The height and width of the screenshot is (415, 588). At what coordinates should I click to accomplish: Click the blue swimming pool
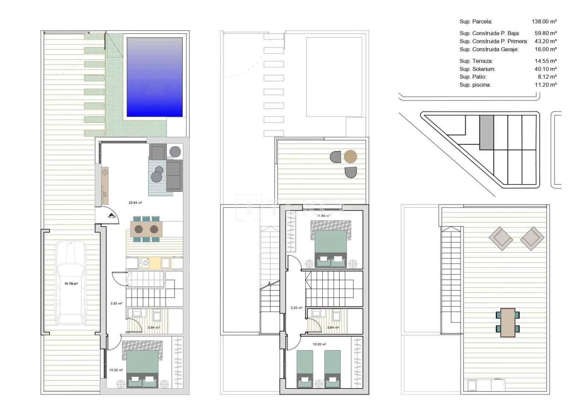point(154,77)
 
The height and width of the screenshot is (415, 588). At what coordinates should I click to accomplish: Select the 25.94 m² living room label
point(135,202)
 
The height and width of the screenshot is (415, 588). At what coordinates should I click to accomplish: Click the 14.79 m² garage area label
point(71,284)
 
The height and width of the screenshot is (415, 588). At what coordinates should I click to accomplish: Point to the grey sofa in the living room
point(174,176)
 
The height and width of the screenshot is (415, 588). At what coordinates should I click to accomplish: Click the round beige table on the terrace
point(350,157)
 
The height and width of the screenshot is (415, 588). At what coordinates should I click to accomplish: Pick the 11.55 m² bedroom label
point(323,216)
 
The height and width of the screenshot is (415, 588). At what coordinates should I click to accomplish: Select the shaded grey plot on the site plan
point(487,132)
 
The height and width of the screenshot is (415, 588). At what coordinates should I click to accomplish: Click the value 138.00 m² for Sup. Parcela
point(544,22)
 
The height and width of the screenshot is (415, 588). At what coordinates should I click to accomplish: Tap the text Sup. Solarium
point(477,69)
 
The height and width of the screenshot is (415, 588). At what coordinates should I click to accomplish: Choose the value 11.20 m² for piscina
point(545,85)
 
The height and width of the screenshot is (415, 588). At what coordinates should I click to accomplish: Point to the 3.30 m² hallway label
point(116,304)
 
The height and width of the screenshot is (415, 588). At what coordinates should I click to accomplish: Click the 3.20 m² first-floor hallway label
point(296,308)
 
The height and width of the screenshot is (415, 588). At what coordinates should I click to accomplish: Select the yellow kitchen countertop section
point(155,263)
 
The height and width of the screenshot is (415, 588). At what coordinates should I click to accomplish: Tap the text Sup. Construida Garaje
point(489,49)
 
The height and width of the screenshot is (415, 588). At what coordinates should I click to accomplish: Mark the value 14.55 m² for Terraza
point(545,61)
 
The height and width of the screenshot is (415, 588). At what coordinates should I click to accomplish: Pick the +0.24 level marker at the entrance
point(111,216)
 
